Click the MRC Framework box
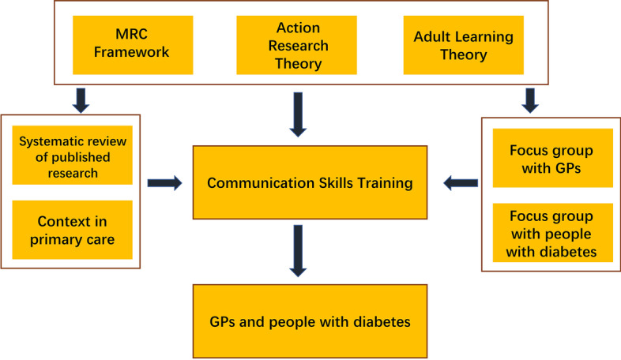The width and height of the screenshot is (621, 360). click(133, 45)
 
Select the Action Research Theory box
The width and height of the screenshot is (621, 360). click(296, 45)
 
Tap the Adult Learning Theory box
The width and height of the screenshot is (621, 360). click(463, 45)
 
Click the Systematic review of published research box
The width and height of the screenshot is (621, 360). click(73, 155)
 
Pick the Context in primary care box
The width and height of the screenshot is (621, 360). click(73, 230)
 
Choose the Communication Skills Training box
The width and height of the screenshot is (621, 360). click(310, 182)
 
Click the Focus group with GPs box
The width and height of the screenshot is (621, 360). click(553, 158)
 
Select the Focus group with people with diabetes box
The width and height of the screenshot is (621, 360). click(553, 233)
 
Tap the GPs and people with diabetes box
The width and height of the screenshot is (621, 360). click(310, 321)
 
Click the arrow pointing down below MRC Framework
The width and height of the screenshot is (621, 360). click(81, 100)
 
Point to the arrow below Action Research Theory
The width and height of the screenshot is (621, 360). click(298, 114)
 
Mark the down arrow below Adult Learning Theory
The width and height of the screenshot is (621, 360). click(530, 100)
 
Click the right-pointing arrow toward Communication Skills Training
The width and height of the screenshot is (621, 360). click(165, 183)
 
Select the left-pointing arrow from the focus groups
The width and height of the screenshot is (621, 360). click(461, 183)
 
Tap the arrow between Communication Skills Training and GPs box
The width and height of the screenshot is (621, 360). click(298, 251)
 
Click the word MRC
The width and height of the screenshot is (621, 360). click(131, 34)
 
